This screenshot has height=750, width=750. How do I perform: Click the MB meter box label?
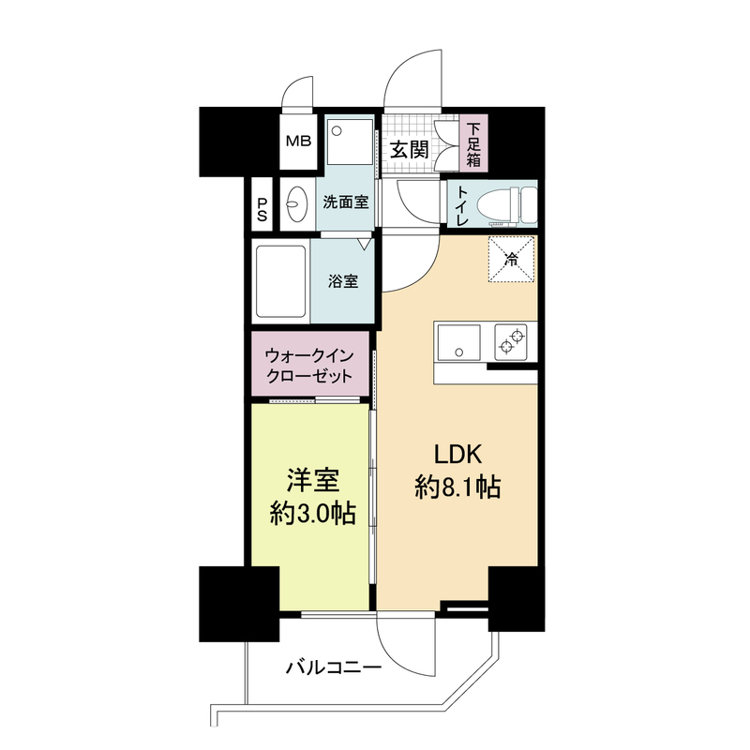299,142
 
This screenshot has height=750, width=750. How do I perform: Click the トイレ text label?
461,205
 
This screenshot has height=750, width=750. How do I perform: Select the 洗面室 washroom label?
346,202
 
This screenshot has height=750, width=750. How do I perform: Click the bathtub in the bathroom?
280,280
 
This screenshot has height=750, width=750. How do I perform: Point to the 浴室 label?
343,281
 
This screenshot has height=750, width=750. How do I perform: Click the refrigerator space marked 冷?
511,259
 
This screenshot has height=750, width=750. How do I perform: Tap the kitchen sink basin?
457,342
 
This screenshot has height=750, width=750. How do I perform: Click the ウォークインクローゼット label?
310,366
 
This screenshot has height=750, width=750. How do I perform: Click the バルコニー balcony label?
334,668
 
